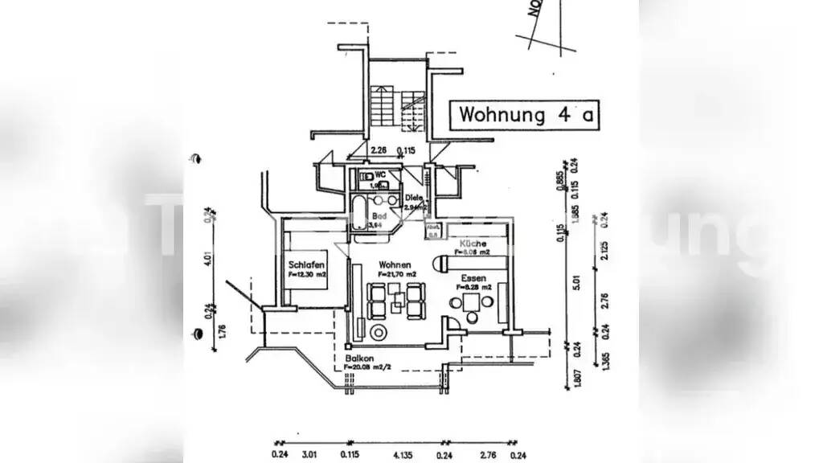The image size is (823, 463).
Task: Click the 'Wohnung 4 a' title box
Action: (x=526, y=114)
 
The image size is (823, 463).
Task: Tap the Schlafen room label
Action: (x=307, y=264)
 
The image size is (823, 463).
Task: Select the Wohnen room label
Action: (x=396, y=264)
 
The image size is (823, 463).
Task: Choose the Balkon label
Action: (x=358, y=359)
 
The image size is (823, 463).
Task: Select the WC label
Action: (x=382, y=174)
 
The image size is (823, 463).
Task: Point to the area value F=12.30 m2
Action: (x=307, y=275)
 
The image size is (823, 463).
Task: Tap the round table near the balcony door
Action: (x=376, y=333)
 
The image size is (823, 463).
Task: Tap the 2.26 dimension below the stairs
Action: (x=379, y=150)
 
